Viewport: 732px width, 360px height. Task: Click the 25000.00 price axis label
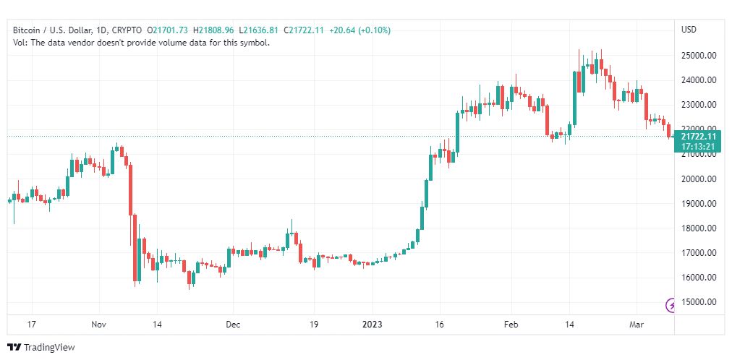(x=699, y=55)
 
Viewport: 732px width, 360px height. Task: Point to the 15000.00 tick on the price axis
(x=699, y=302)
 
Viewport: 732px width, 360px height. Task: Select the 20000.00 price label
(x=699, y=179)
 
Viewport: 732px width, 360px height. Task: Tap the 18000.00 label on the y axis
(x=699, y=228)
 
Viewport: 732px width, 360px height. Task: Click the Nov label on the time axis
(x=101, y=325)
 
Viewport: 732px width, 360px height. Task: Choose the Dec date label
(x=233, y=325)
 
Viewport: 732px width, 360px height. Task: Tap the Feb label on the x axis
(x=511, y=325)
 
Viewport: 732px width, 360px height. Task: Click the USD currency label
(x=689, y=30)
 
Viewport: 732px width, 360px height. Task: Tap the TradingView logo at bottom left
(x=41, y=348)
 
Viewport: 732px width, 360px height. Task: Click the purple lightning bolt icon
(x=671, y=304)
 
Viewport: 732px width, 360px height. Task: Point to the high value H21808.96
(x=214, y=30)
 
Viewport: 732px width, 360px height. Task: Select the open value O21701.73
(x=167, y=30)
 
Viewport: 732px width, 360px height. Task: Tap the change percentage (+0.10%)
(x=376, y=30)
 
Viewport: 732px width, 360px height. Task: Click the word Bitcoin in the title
(x=27, y=30)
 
